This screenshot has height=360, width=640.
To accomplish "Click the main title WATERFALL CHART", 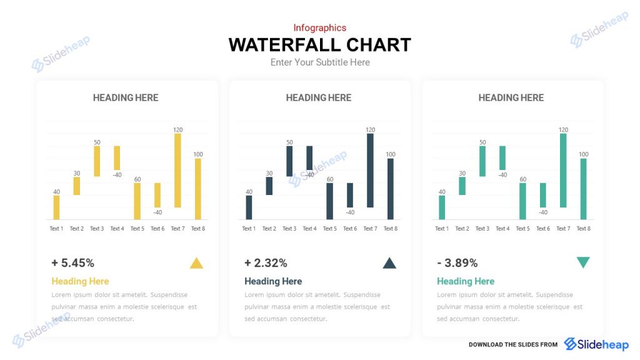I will [319, 45].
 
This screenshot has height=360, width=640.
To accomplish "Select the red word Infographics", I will [319, 27].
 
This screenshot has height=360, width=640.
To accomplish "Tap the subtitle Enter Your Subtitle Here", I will [319, 62].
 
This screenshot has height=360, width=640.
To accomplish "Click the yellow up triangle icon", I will [196, 264].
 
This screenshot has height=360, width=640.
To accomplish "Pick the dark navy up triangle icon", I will [389, 264].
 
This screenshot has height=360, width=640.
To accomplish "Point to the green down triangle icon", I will [582, 262].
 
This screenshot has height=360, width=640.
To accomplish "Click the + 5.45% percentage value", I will [73, 263].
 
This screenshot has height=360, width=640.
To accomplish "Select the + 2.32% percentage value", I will [266, 263].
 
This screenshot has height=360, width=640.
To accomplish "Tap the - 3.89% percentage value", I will [457, 263].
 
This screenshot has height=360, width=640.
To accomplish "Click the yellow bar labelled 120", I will [177, 171].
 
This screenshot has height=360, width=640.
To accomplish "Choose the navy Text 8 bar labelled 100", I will [390, 189].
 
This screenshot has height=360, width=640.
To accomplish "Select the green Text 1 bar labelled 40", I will [442, 207].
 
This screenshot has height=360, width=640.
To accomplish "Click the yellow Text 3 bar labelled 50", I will [97, 161].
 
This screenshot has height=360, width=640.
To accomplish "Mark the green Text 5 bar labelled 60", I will [522, 201].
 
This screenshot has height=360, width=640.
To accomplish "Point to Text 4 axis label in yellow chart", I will [117, 229].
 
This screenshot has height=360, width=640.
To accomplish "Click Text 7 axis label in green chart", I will [563, 229].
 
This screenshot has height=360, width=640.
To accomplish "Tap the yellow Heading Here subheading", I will [80, 281].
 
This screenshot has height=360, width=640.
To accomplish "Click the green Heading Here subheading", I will [466, 281].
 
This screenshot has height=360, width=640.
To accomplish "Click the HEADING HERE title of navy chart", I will [319, 97].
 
